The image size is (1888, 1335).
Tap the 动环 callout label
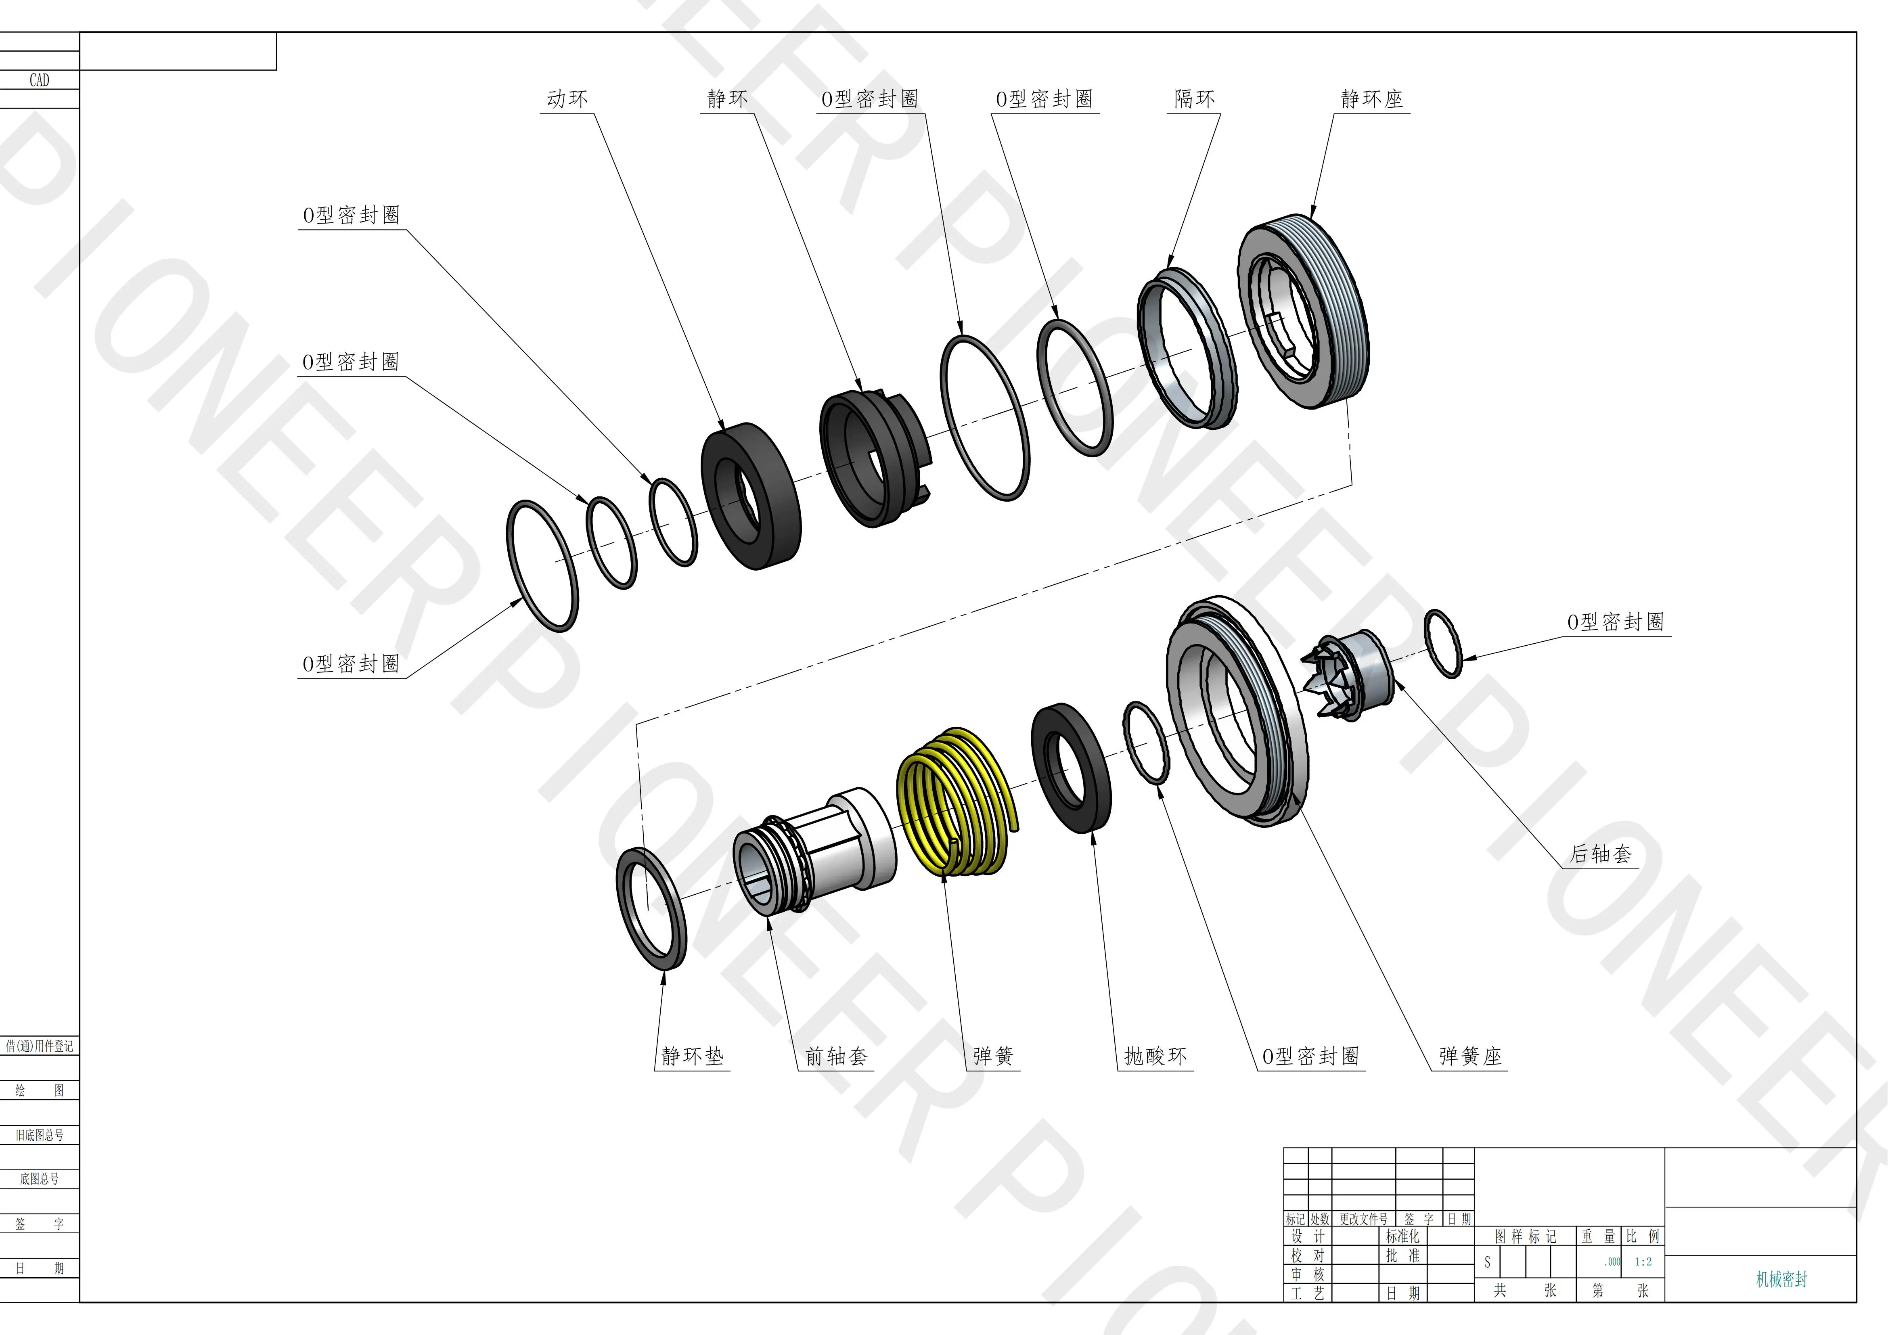[567, 99]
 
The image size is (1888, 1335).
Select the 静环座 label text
[1371, 99]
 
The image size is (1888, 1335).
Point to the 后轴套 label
[1600, 854]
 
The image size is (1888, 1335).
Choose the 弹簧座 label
[1470, 1056]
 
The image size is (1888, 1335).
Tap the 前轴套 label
[836, 1056]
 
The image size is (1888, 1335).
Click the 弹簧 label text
[993, 1056]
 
